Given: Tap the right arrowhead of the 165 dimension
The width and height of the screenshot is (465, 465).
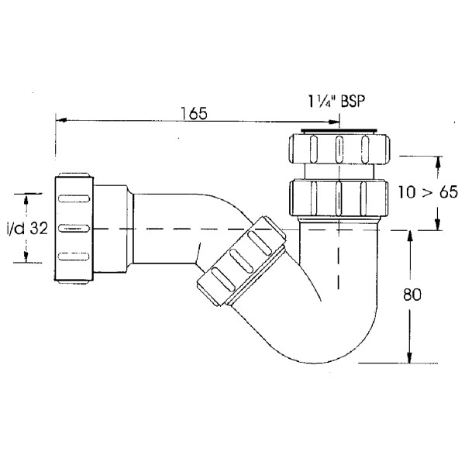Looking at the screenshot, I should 335,120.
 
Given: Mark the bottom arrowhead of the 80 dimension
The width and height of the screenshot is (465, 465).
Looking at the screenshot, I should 407,357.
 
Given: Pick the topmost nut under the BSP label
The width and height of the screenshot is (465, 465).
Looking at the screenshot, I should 339,146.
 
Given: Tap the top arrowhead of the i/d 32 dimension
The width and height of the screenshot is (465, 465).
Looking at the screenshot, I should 27,198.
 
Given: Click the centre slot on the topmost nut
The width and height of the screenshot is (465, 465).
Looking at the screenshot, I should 339,146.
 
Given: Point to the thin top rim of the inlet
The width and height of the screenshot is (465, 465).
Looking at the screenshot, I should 339,131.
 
